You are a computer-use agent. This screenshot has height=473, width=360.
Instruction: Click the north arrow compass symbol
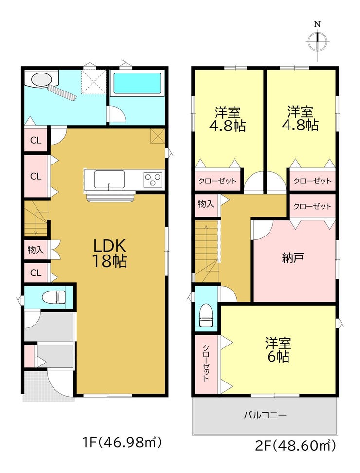[318, 41]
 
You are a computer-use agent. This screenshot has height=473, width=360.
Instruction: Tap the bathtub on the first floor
[137, 84]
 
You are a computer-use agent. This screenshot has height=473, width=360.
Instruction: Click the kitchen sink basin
[109, 180]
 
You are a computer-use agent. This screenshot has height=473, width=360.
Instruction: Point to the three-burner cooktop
[153, 180]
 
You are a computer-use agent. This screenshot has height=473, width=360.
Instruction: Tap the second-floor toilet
[206, 315]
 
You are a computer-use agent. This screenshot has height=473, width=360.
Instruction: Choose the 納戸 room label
[293, 257]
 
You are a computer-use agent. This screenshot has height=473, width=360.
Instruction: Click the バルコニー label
[265, 416]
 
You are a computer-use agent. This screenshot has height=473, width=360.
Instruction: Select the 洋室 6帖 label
[278, 350]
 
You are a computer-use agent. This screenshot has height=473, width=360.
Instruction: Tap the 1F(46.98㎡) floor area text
[122, 443]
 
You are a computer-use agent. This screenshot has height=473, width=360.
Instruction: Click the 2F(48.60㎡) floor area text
[295, 445]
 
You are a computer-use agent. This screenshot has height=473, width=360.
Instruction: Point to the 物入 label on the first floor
[36, 250]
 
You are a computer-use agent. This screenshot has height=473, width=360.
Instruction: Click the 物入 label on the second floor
[206, 204]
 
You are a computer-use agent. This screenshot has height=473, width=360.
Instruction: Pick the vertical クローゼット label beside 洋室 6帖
[206, 363]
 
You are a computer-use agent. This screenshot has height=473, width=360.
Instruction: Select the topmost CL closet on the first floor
[36, 140]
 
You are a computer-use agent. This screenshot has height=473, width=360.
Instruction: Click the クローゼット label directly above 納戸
[312, 207]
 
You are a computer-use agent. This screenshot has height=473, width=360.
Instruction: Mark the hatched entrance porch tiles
[49, 386]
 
